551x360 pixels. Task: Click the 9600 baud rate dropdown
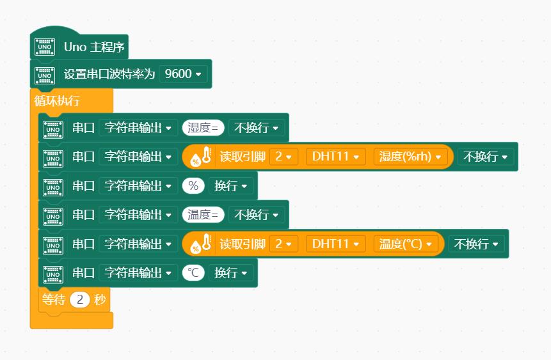[x=183, y=74]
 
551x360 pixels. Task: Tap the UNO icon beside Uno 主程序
[x=45, y=47]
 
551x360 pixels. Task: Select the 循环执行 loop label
[x=57, y=101]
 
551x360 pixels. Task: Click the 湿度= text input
[x=203, y=127]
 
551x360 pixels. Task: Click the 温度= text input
[x=203, y=215]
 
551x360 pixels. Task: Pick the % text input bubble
[x=193, y=186]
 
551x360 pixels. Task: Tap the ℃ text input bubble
[x=193, y=272]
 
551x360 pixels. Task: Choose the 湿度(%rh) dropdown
[x=410, y=157]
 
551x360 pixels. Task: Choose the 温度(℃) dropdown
[x=406, y=244]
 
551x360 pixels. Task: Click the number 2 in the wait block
[x=80, y=300]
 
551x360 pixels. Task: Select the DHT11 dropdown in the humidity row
[x=335, y=157]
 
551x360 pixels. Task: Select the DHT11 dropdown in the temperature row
[x=335, y=244]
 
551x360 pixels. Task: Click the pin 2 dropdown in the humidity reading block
[x=284, y=157]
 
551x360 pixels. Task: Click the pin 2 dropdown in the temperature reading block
[x=284, y=244]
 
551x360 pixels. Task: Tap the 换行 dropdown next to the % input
[x=231, y=186]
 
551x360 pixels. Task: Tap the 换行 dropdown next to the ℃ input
[x=231, y=272]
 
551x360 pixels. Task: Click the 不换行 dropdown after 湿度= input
[x=257, y=127]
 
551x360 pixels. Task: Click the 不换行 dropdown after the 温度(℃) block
[x=477, y=244]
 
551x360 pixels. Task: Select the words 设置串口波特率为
[x=109, y=74]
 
